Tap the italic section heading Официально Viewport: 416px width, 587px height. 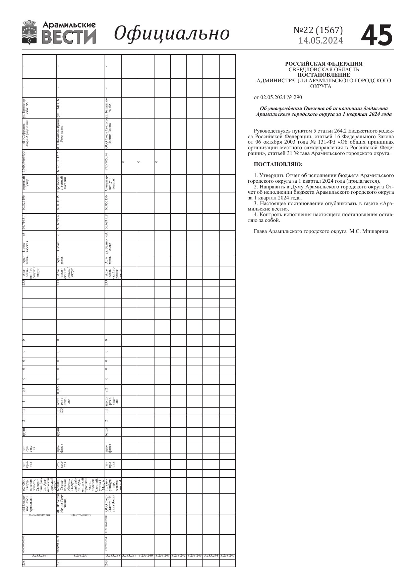(172, 33)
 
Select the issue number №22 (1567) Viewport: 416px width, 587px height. (318, 30)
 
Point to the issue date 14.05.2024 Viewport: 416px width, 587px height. (321, 41)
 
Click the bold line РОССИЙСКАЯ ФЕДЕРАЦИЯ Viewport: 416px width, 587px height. (323, 64)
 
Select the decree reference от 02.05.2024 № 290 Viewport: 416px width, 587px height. (278, 97)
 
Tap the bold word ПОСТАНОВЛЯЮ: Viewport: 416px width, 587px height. (278, 164)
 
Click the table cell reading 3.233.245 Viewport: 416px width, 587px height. (228, 556)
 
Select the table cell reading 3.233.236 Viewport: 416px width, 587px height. (39, 556)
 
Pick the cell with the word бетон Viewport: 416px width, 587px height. (107, 432)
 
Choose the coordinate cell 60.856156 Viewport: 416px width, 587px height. (107, 202)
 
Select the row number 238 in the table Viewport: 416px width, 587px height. (24, 563)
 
